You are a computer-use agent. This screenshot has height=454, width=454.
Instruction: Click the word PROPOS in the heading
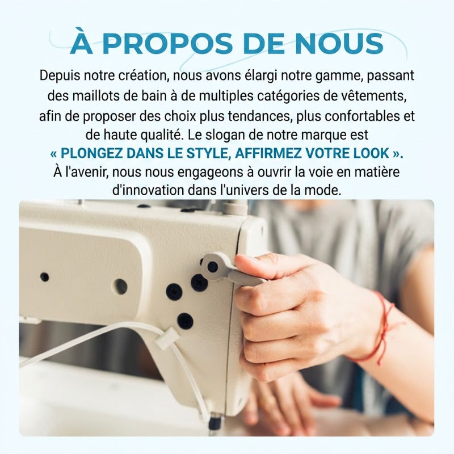167,44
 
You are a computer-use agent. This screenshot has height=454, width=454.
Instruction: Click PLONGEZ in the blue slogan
92,153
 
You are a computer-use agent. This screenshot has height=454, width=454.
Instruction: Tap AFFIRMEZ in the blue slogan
268,153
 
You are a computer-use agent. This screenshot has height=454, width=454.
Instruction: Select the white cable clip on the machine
167,338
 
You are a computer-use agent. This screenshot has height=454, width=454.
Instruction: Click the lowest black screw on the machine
186,321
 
